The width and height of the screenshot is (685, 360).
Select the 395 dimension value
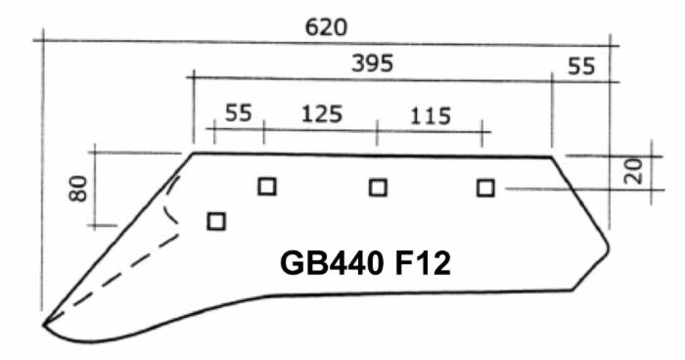click(x=372, y=64)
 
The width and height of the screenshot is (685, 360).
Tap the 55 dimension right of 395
click(x=580, y=67)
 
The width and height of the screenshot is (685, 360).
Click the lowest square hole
click(x=216, y=221)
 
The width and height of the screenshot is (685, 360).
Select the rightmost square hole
click(x=484, y=188)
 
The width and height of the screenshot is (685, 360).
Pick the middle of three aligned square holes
click(x=378, y=187)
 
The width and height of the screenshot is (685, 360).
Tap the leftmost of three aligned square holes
click(x=266, y=186)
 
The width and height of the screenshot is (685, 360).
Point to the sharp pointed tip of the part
click(x=43, y=324)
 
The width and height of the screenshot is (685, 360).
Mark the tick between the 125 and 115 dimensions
click(x=377, y=130)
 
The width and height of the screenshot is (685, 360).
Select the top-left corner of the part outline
click(x=192, y=153)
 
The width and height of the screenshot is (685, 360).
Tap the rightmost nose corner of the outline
click(x=610, y=242)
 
